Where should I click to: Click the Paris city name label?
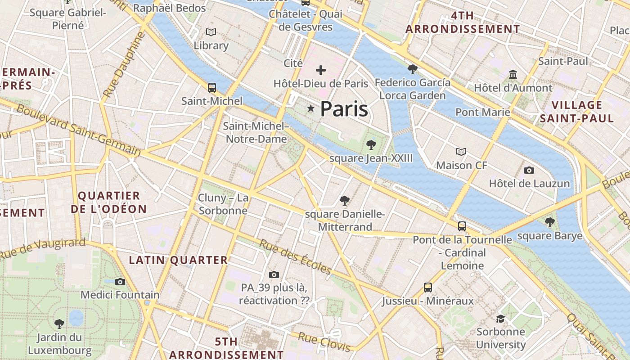tap(344, 109)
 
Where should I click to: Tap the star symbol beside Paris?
tap(310, 108)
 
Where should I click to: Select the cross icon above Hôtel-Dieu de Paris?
tap(321, 70)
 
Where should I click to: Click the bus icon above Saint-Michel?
tap(211, 87)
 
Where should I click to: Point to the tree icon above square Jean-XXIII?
tap(371, 144)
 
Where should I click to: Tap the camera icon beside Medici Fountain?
tap(120, 282)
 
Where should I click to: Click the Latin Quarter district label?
tap(178, 260)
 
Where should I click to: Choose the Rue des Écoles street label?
tap(295, 256)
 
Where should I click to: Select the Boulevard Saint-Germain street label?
tap(79, 130)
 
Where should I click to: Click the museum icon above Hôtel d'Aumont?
tap(513, 74)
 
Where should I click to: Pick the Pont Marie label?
tap(483, 112)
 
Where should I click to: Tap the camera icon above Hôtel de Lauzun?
tap(529, 170)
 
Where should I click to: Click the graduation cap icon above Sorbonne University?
tap(500, 319)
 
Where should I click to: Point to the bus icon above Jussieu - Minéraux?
tap(428, 287)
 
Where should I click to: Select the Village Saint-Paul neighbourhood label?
tap(576, 112)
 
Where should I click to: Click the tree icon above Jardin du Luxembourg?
tap(59, 324)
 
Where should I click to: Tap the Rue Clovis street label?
tap(324, 342)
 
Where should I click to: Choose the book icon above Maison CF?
tap(461, 152)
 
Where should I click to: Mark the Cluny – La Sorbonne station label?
tap(223, 204)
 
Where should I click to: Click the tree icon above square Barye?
tap(549, 222)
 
